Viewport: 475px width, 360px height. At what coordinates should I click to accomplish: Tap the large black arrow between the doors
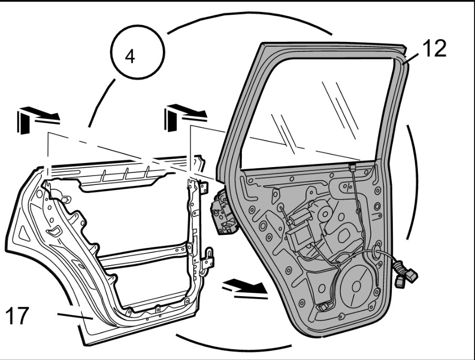coord(246,287)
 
